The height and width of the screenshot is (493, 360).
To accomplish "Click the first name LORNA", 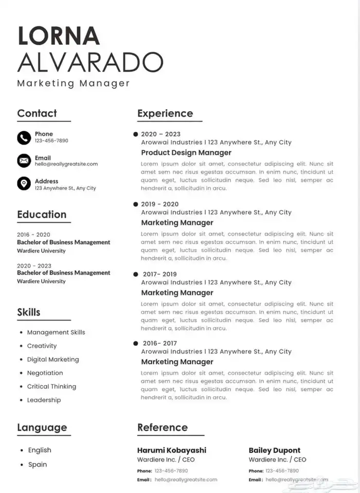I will click(x=59, y=35).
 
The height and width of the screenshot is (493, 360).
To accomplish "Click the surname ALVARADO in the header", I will click(x=90, y=62).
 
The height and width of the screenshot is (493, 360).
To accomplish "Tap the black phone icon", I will click(x=24, y=137).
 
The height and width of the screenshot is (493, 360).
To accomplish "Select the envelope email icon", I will click(x=24, y=161).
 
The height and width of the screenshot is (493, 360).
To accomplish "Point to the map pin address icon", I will click(x=24, y=183).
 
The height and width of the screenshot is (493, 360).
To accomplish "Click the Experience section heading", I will click(x=165, y=114).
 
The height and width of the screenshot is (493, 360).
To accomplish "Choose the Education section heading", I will click(x=42, y=215).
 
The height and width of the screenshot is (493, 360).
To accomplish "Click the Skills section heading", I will click(x=29, y=312).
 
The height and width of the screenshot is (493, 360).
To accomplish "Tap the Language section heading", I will click(x=42, y=428).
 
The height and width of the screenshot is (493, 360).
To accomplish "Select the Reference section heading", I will click(x=163, y=428).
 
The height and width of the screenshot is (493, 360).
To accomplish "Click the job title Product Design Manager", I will click(x=186, y=153).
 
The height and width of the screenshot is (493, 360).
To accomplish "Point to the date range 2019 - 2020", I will click(x=160, y=204).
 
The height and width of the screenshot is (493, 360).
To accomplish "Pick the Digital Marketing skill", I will click(x=53, y=360).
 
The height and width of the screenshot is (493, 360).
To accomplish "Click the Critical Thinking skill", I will click(x=51, y=386).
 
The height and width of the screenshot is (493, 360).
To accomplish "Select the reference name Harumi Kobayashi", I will click(x=172, y=450).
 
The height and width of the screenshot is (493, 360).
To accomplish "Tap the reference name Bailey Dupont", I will click(x=275, y=450).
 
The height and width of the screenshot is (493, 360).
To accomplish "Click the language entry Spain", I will click(x=38, y=465).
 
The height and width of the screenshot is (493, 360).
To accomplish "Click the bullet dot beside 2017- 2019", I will click(x=136, y=274).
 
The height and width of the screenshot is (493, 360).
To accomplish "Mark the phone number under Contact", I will click(x=51, y=140).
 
